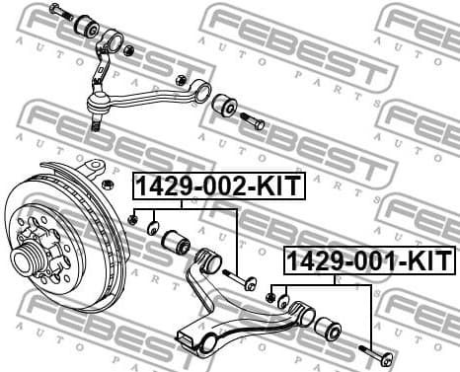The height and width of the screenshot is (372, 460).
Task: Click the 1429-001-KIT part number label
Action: pyautogui.click(x=370, y=261)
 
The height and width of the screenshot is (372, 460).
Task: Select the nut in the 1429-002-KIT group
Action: pyautogui.click(x=134, y=217)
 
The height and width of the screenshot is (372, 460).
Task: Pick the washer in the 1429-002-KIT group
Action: pyautogui.click(x=154, y=229)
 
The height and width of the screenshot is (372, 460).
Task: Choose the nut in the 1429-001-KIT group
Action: pyautogui.click(x=270, y=293)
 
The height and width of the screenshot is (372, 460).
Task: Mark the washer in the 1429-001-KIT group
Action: pyautogui.click(x=282, y=301)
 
